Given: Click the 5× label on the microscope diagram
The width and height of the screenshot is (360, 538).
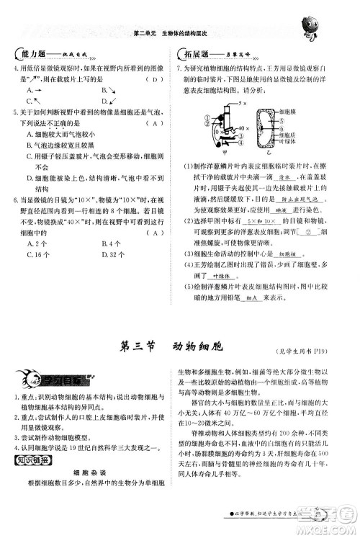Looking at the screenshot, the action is (x=244, y=102).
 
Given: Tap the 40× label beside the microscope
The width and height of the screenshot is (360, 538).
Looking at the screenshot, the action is (x=245, y=129).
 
